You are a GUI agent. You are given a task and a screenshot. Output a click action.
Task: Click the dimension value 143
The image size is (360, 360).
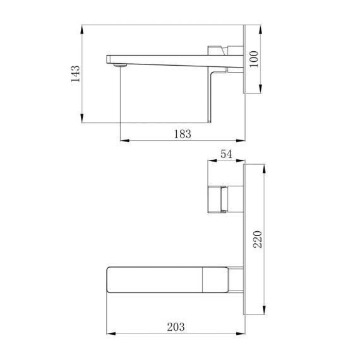[x=75, y=73]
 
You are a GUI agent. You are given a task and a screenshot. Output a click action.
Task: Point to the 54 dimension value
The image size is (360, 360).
[x=225, y=154]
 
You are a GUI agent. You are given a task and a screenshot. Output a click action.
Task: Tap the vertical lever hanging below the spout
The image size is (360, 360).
[x=211, y=95]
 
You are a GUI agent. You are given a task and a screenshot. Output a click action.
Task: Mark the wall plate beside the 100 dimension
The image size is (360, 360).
[x=244, y=60]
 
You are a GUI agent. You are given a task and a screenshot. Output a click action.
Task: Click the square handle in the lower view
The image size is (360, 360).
[x=218, y=199]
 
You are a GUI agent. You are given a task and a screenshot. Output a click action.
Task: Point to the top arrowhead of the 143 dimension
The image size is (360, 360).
[x=83, y=28]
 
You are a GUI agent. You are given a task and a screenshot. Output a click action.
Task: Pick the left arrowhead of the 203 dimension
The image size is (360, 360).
[x=107, y=333]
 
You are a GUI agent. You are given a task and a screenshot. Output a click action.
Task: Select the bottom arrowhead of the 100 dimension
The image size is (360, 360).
[x=260, y=92]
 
